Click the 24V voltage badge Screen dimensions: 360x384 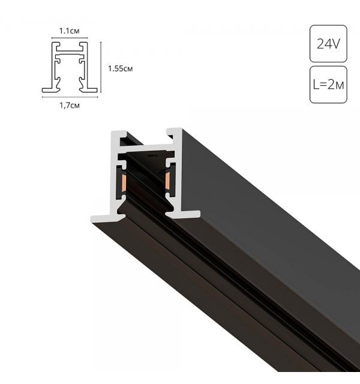[x=328, y=44]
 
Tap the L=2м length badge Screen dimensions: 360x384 [x=328, y=85]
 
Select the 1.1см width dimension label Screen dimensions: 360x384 [x=70, y=31]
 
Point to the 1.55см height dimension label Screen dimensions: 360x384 [x=120, y=68]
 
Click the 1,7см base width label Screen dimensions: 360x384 [x=70, y=106]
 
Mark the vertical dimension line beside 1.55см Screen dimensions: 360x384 [x=101, y=67]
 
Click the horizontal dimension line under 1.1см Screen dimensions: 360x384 [x=70, y=38]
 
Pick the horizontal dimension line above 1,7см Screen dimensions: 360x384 [x=70, y=97]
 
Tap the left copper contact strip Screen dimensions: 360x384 [x=124, y=183]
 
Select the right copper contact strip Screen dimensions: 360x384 [x=167, y=181]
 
